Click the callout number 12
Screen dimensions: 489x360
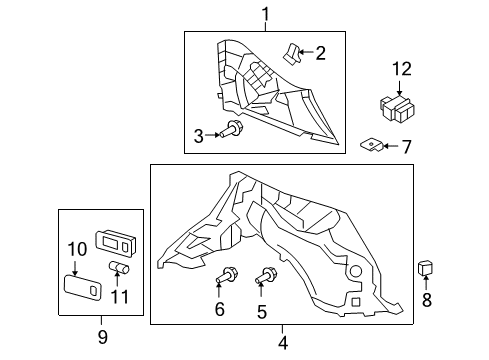402,69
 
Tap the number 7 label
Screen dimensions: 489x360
406,147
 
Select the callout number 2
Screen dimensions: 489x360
320,53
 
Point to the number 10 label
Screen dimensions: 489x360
77,249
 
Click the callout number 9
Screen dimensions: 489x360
103,337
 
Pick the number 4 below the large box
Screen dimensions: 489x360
283,343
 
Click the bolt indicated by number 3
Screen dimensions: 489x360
230,129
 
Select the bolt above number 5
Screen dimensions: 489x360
266,275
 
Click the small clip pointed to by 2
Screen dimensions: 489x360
292,53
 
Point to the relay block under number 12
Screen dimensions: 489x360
397,108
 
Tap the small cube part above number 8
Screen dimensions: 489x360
425,268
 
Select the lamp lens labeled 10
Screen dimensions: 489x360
83,287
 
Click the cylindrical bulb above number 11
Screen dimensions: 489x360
119,267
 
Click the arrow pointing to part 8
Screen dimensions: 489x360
426,282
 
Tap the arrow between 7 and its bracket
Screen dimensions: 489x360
391,146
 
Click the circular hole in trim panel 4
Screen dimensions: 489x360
355,271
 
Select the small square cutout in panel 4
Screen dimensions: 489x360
356,302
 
